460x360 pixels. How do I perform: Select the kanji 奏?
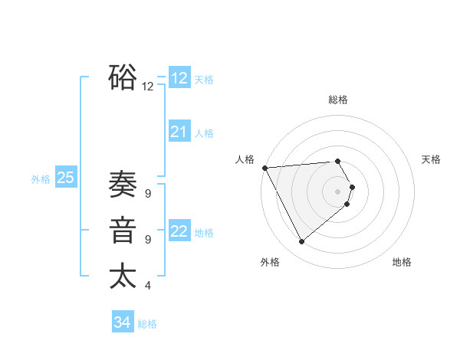pos(123,185)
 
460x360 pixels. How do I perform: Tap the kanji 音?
pos(123,231)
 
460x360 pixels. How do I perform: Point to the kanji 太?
pos(123,276)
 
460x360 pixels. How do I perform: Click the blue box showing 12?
pos(179,78)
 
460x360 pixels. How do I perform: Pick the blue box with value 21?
pos(179,132)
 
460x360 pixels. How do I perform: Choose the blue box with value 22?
pos(179,231)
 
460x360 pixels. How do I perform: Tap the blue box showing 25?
pos(65,178)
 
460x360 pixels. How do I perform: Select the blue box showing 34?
pos(123,322)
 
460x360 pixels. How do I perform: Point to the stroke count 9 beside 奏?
pos(147,194)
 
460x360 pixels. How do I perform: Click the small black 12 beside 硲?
pos(148,87)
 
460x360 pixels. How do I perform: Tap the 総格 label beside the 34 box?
pos(147,324)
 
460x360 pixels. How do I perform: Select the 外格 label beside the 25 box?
pos(41,179)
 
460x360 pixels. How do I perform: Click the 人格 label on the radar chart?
pos(245,159)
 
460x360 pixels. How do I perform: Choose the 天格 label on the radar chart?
pos(431,159)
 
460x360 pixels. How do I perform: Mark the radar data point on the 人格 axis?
pos(264,168)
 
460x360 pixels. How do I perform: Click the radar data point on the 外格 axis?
pos(301,242)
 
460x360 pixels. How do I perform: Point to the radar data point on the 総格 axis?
pos(337,161)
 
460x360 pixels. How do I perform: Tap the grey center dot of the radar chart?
pos(337,191)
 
